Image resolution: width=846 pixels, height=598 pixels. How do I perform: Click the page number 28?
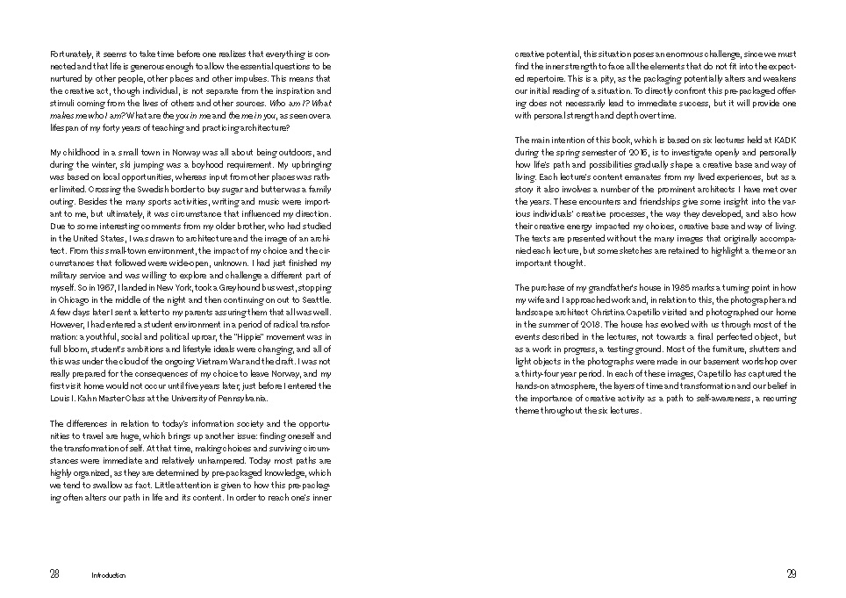[x=54, y=574]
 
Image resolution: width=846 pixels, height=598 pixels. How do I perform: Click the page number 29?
[x=792, y=574]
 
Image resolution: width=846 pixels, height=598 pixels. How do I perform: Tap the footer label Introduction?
[x=109, y=576]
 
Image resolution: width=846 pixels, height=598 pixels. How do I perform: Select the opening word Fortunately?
[x=70, y=54]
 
